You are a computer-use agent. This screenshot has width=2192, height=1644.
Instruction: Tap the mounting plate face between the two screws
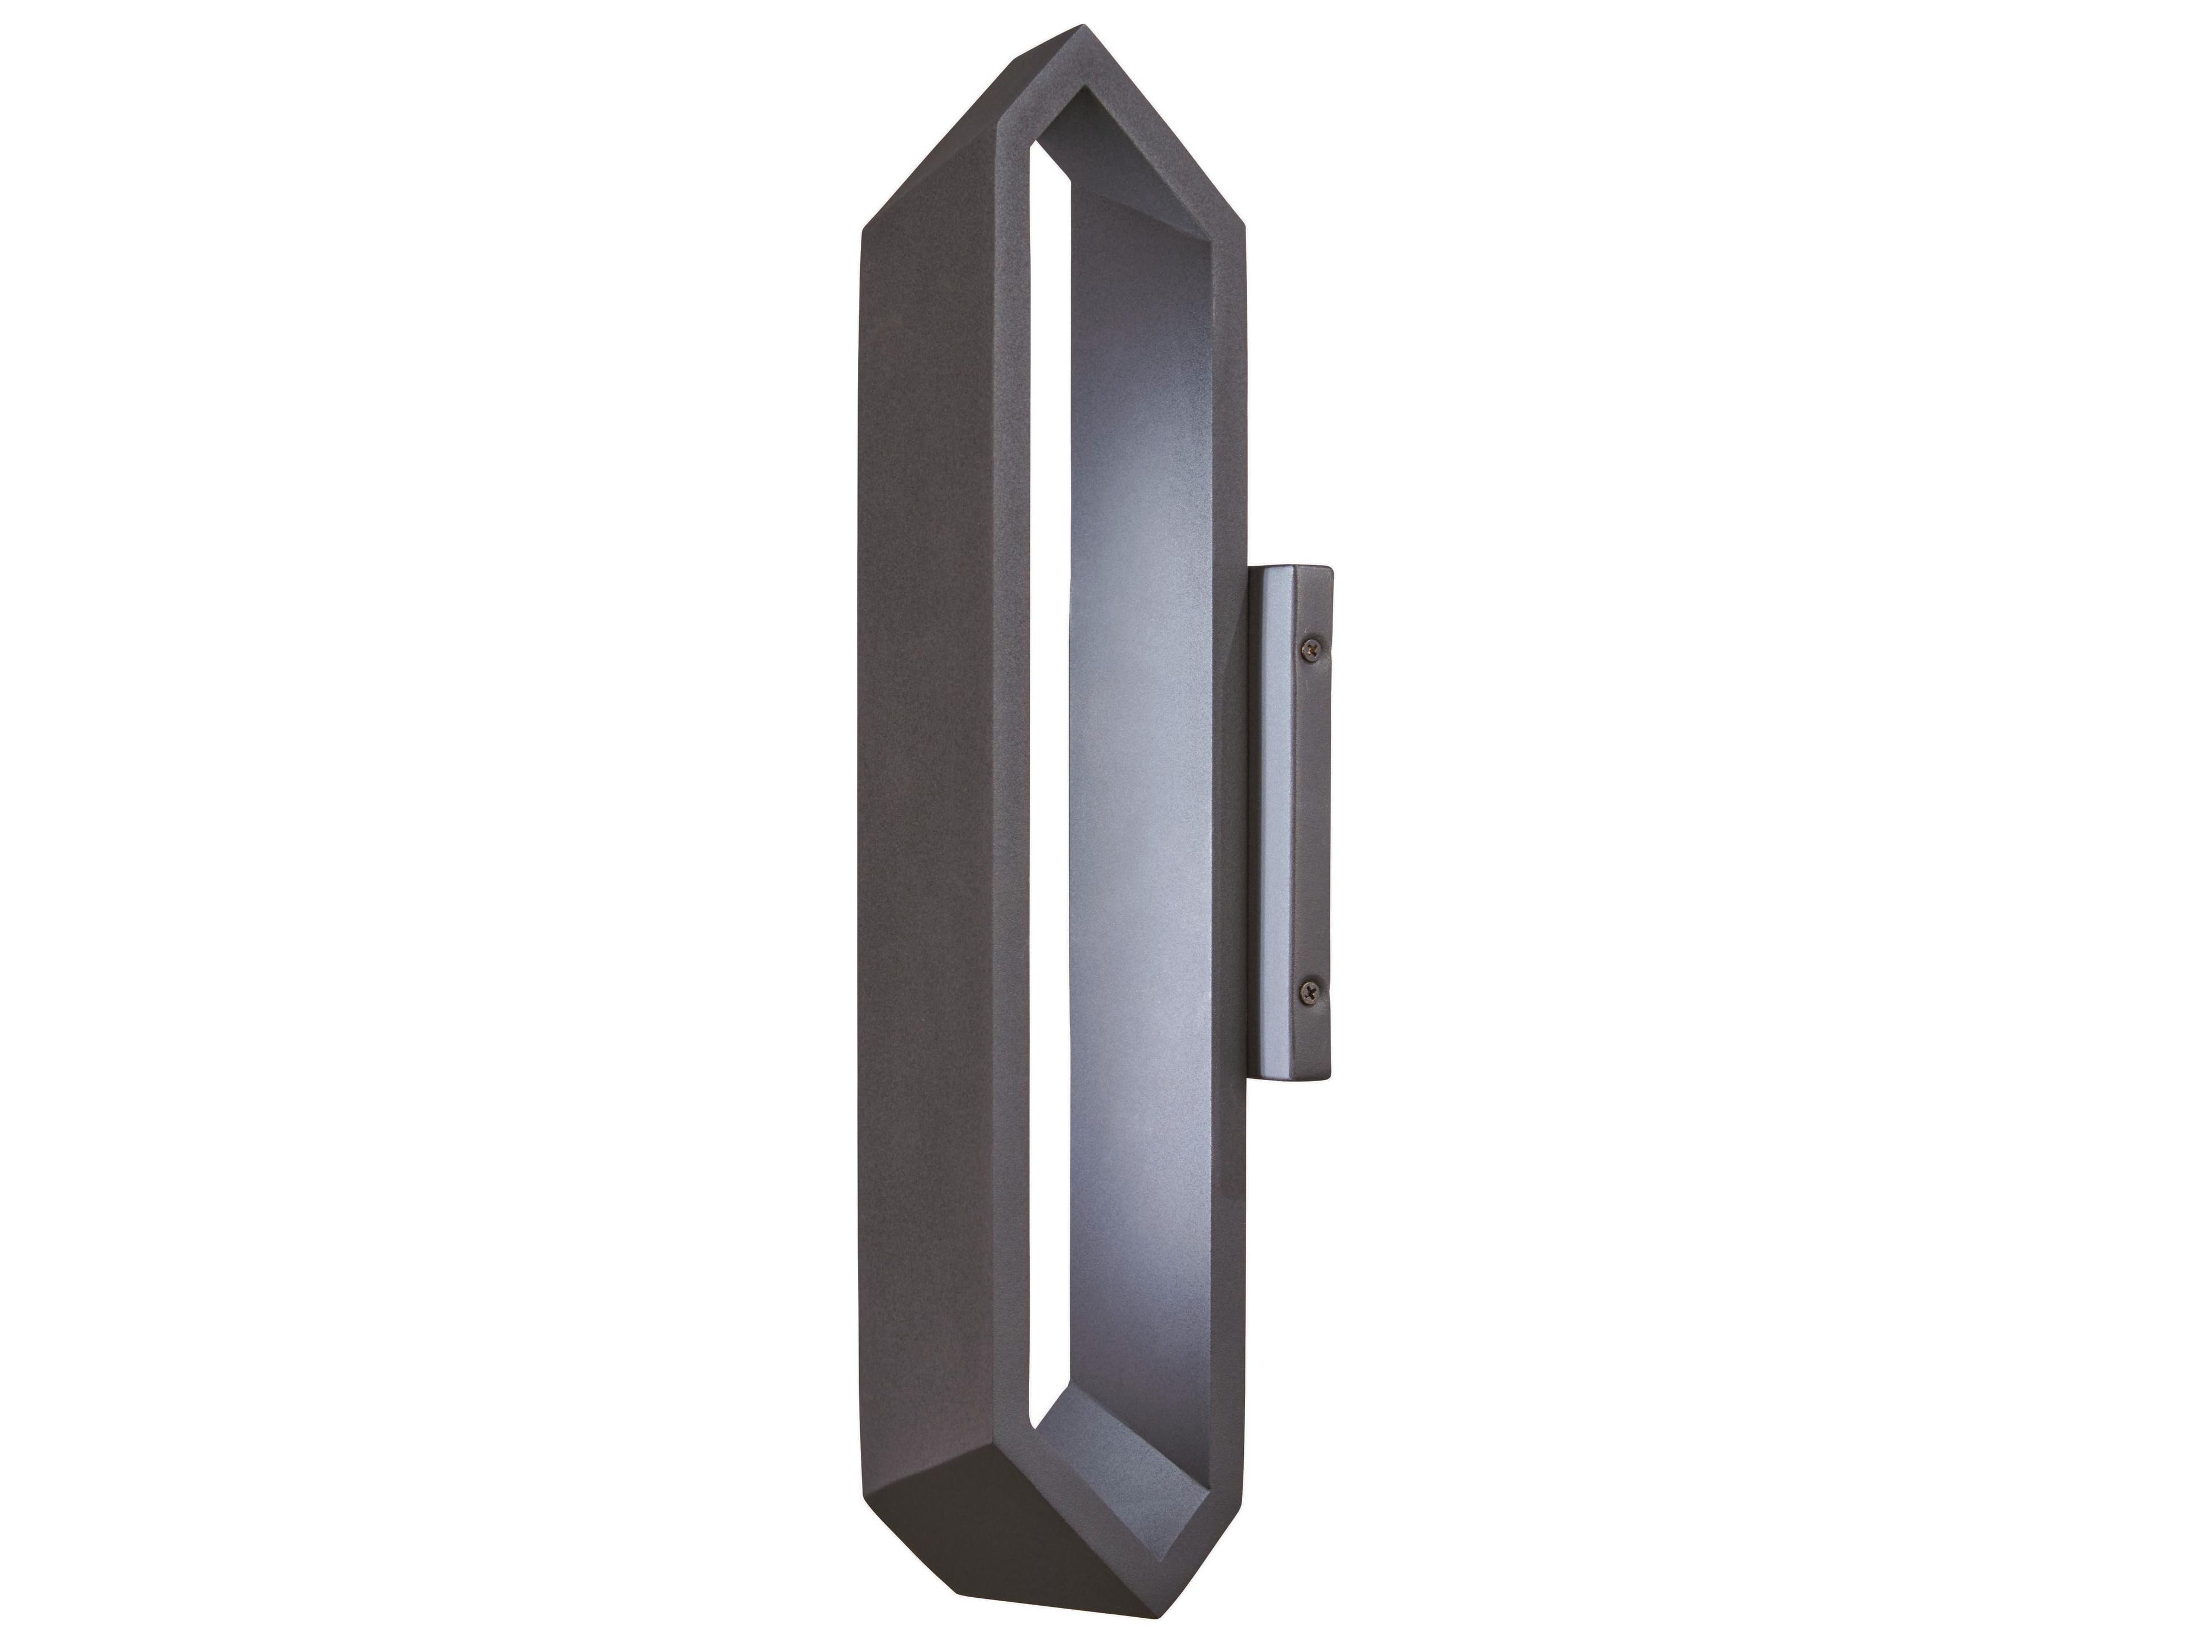(1313, 823)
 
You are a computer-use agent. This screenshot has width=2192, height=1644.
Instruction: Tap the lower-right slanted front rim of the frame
(1179, 1506)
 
